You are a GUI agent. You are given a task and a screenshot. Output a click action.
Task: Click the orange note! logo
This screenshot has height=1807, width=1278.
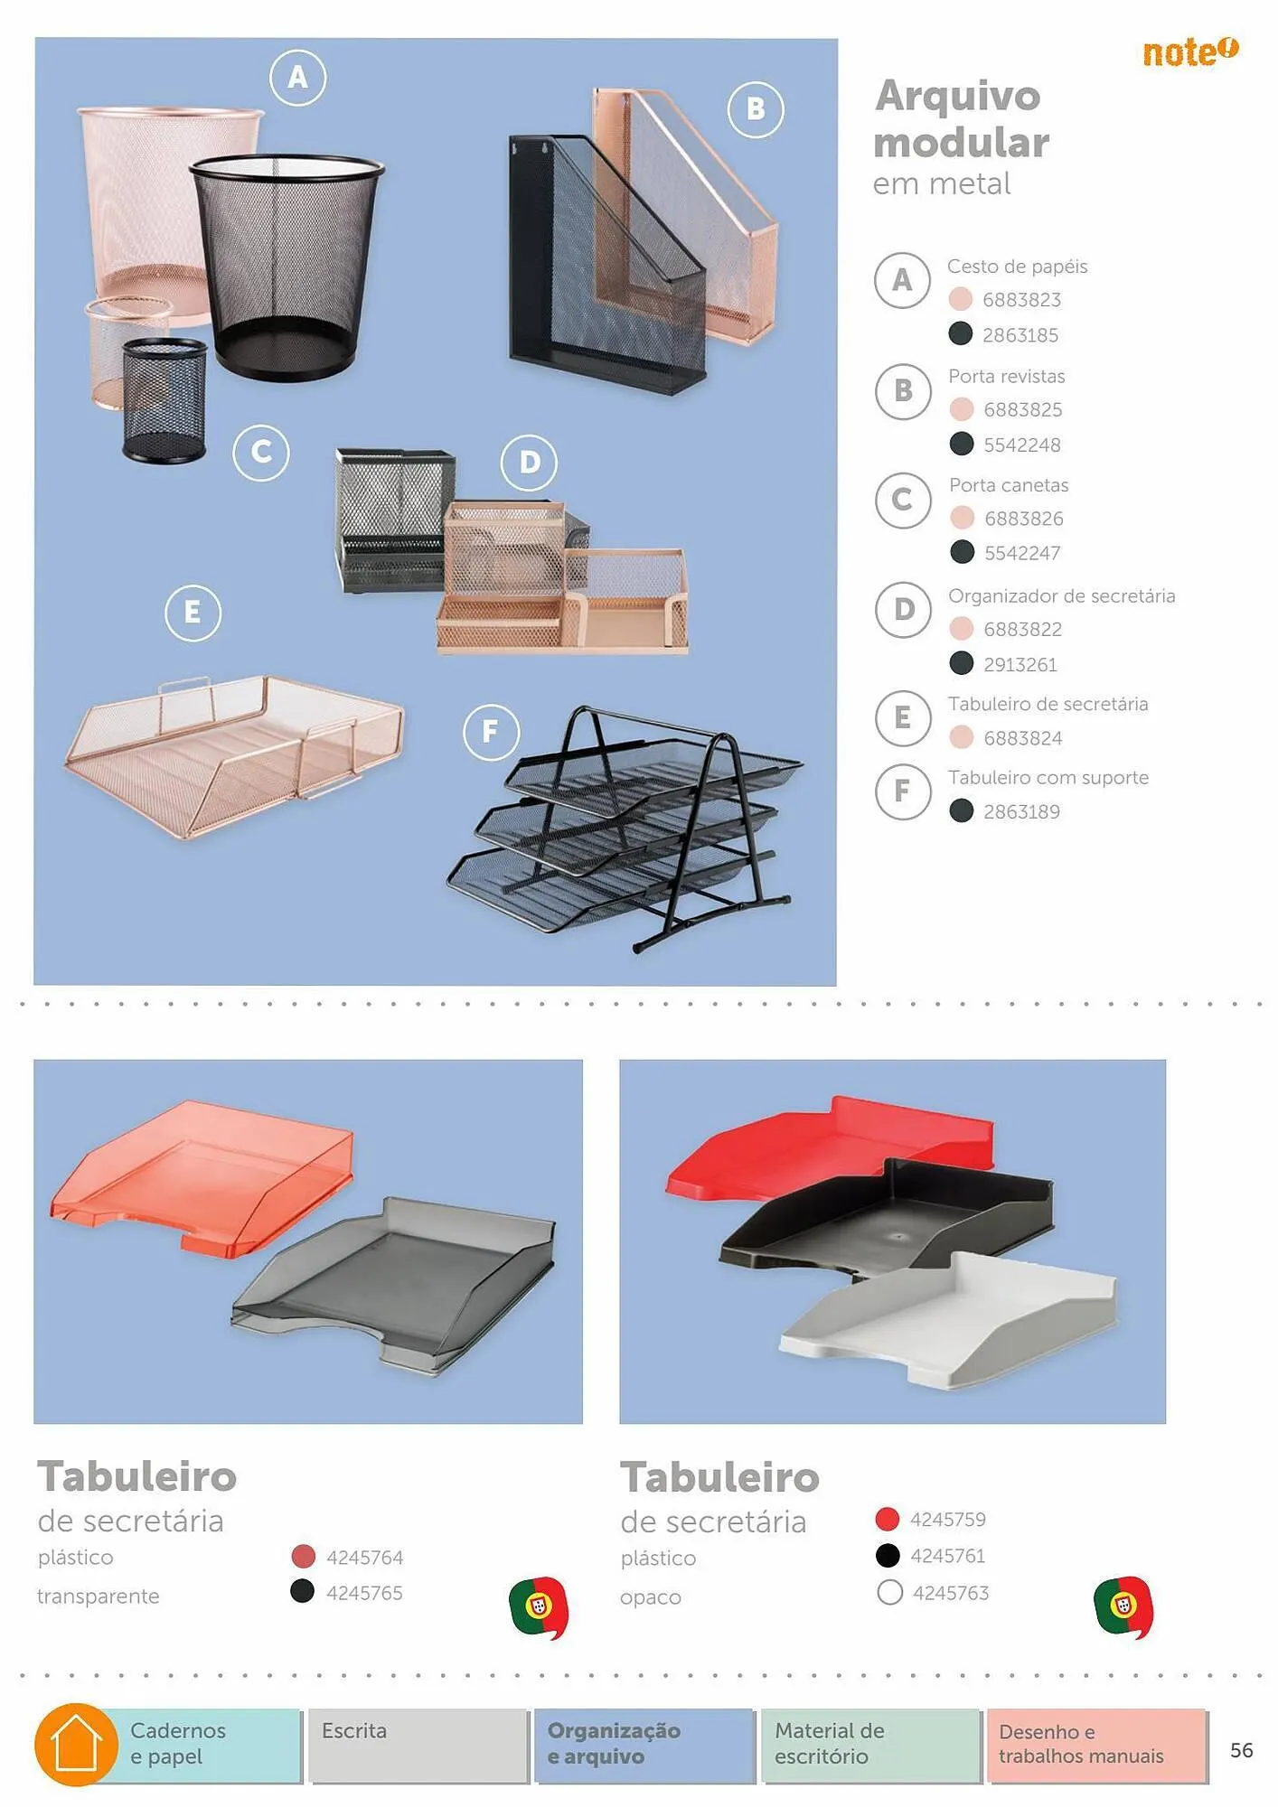click(1189, 51)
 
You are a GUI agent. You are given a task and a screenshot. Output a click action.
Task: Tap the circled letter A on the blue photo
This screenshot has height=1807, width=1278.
click(297, 78)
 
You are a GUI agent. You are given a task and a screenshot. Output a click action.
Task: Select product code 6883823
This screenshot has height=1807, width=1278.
click(1021, 300)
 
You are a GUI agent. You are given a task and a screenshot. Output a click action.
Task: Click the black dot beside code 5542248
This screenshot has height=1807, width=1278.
click(962, 444)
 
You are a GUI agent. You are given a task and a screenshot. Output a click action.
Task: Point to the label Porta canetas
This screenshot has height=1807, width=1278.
click(1009, 485)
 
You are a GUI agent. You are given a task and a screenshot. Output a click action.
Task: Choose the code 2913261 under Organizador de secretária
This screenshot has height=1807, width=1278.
click(1020, 665)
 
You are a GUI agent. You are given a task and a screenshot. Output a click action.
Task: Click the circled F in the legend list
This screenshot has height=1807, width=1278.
click(902, 791)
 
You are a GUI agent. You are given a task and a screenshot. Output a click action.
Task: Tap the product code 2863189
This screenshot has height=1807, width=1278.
click(1021, 811)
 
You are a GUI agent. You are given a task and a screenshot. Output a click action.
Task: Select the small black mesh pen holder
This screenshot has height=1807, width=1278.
click(164, 400)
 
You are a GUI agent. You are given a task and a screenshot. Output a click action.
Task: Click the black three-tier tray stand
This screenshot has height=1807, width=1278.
click(625, 828)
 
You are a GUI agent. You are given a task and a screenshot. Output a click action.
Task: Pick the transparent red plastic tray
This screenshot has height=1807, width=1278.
click(202, 1175)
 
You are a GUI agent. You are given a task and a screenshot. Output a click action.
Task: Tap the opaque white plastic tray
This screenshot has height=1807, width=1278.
click(949, 1321)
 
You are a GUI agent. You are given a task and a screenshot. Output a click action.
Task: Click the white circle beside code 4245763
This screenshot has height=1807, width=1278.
click(889, 1592)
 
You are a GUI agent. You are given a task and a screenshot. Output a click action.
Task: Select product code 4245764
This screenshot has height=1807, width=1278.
click(364, 1557)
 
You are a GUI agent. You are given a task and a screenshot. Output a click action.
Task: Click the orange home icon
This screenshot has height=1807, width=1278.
click(77, 1745)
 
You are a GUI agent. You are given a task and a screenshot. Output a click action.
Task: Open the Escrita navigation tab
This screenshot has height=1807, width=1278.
click(418, 1746)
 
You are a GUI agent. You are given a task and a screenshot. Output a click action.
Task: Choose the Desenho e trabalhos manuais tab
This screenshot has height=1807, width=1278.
click(1097, 1746)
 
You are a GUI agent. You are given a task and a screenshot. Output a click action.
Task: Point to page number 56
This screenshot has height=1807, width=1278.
click(1242, 1750)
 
